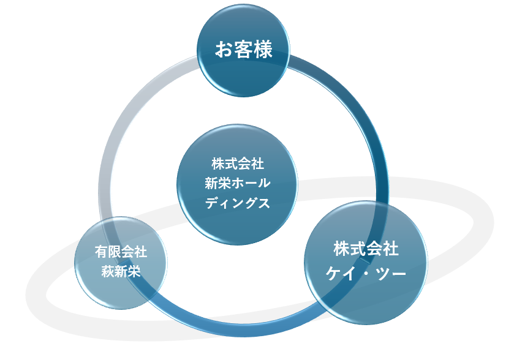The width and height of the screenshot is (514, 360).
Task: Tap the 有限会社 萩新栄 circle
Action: pyautogui.click(x=121, y=262)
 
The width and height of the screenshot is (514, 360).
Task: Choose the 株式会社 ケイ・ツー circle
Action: pyautogui.click(x=366, y=261)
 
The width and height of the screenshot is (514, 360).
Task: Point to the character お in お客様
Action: pyautogui.click(x=223, y=50)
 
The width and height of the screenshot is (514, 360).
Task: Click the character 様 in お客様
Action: pyautogui.click(x=263, y=50)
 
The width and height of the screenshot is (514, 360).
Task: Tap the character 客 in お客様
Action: pyautogui.click(x=243, y=50)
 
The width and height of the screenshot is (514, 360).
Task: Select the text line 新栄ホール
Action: pyautogui.click(x=237, y=184)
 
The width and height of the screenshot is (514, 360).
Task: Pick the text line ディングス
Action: pyautogui.click(x=237, y=203)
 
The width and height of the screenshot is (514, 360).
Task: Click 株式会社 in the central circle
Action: pyautogui.click(x=237, y=164)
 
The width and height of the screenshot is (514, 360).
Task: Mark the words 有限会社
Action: pyautogui.click(x=121, y=252)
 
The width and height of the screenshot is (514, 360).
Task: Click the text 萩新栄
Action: pyautogui.click(x=121, y=271)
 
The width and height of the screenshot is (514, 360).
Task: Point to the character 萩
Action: pyautogui.click(x=107, y=271)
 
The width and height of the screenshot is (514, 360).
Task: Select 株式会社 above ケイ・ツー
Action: pyautogui.click(x=366, y=249)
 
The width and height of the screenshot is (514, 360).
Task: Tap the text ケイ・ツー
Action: pyautogui.click(x=366, y=272)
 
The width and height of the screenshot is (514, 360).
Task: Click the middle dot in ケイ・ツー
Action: pyautogui.click(x=366, y=272)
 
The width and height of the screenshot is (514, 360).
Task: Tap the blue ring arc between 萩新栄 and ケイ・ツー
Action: pyautogui.click(x=233, y=328)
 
